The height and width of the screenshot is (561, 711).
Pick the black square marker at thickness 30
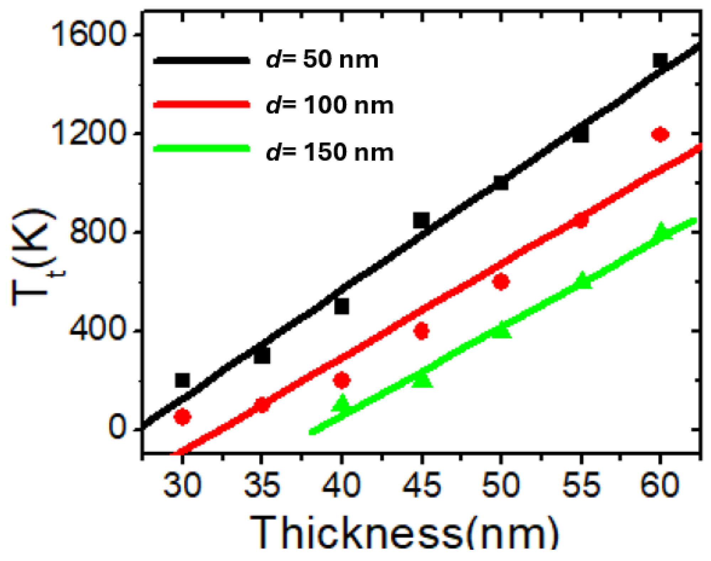coord(182,380)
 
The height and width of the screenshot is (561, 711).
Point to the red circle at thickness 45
coord(421,331)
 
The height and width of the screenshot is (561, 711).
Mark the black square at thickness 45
coord(421,220)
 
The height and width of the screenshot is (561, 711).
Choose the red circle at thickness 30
coord(182,417)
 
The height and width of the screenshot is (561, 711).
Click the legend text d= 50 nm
coord(322,60)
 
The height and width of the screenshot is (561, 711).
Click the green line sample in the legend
coord(201,148)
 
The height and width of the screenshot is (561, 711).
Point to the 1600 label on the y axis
coord(87,35)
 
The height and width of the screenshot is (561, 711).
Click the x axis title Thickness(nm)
coord(404,533)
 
